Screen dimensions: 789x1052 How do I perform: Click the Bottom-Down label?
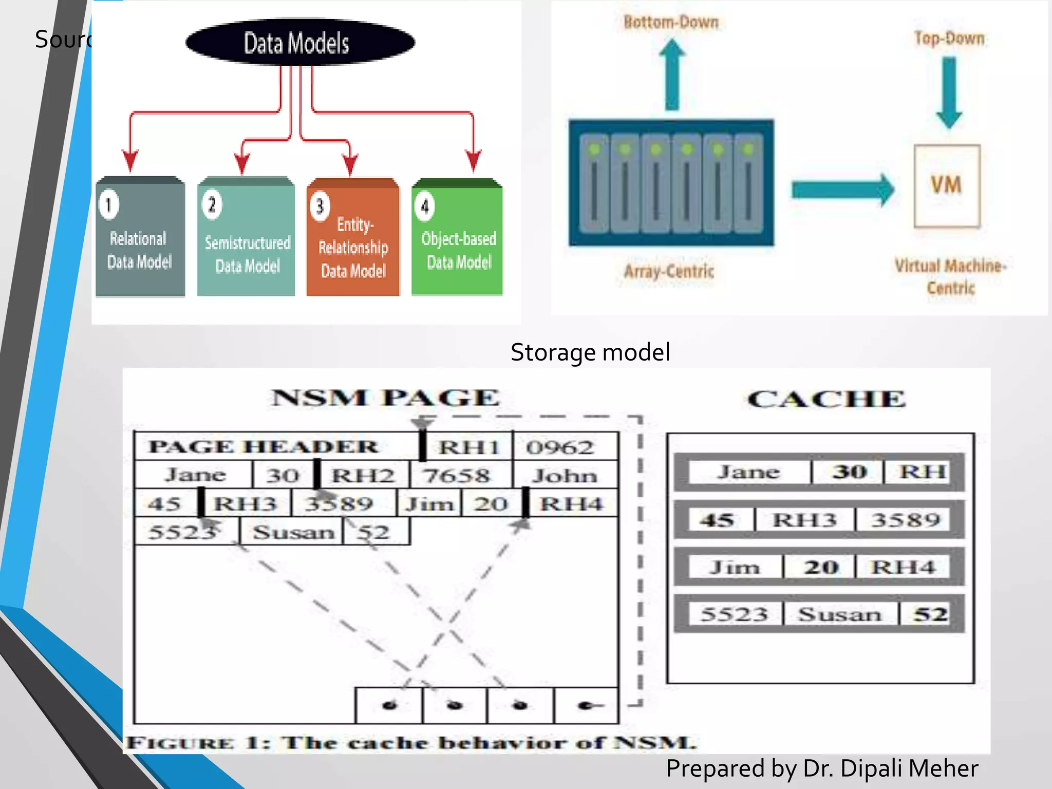pyautogui.click(x=671, y=22)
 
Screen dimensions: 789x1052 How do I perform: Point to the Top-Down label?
pyautogui.click(x=949, y=39)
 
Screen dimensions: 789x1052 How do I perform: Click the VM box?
pyautogui.click(x=947, y=186)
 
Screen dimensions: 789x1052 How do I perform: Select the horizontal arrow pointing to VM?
pyautogui.click(x=842, y=190)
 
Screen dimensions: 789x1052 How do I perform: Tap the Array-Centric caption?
pyautogui.click(x=669, y=271)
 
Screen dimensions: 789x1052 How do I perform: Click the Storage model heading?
pyautogui.click(x=590, y=352)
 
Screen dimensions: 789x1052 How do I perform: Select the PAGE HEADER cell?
pyautogui.click(x=263, y=446)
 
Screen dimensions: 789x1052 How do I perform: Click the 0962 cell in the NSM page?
pyautogui.click(x=560, y=447)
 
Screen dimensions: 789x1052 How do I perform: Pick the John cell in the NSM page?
pyautogui.click(x=564, y=476)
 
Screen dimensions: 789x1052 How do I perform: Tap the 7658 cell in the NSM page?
pyautogui.click(x=456, y=476)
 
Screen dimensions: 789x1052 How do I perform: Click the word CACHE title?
pyautogui.click(x=826, y=399)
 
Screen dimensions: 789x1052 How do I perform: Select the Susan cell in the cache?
pyautogui.click(x=839, y=614)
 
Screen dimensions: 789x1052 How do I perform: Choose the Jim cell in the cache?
pyautogui.click(x=735, y=567)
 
